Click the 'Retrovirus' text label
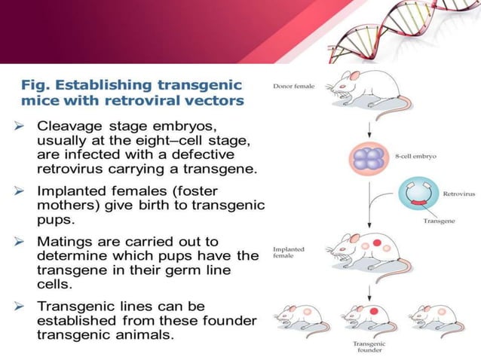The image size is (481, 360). point(459,194)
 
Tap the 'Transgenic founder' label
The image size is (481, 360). point(369,347)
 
